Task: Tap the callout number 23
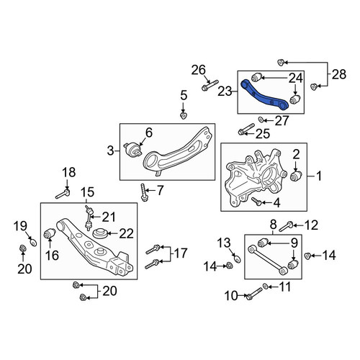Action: pos(225,91)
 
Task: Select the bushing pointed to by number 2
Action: pos(296,176)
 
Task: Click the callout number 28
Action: pos(339,74)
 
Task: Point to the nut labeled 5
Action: pos(184,116)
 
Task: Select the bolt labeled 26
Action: pos(210,85)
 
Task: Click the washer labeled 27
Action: pos(261,119)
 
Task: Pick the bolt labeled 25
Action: pos(246,129)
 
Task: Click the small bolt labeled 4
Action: pos(256,201)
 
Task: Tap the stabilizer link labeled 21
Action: pos(89,218)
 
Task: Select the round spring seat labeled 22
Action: pos(99,234)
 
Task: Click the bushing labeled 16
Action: pos(50,234)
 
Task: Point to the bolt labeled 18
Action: pos(63,194)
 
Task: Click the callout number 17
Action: pos(181,253)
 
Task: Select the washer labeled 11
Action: pos(266,286)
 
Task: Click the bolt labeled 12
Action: pos(286,226)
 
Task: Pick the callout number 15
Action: pos(88,192)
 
